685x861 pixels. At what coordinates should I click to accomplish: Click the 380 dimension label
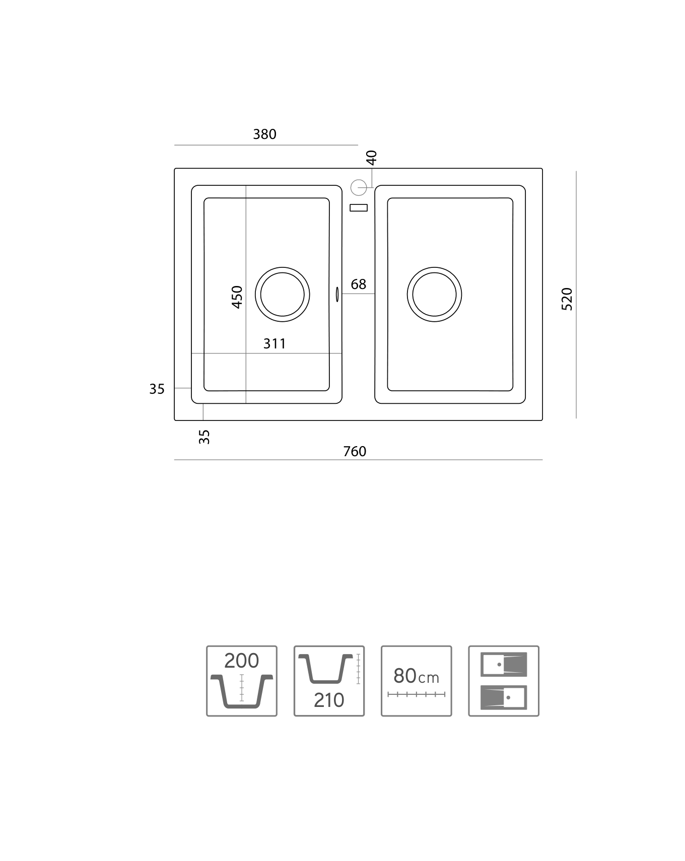(x=264, y=134)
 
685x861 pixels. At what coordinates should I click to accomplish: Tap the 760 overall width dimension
(x=355, y=452)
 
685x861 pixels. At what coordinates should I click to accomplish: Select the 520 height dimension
(x=567, y=299)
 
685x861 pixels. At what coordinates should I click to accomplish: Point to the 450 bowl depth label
(x=237, y=297)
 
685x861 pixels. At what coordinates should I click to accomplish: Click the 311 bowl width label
(x=275, y=344)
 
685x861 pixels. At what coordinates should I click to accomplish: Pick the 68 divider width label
(x=359, y=284)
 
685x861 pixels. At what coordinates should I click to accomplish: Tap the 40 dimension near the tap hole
(x=371, y=158)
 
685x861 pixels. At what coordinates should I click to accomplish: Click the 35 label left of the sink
(x=157, y=389)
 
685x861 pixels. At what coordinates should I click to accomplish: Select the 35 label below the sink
(x=204, y=437)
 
